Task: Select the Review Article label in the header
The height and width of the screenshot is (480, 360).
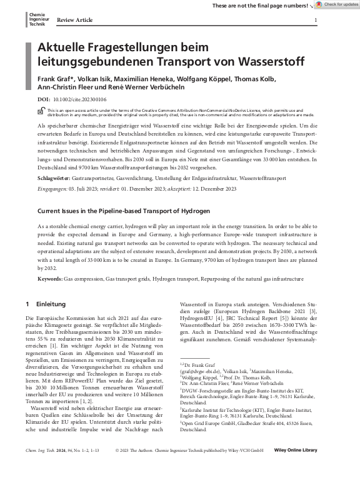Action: [74, 20]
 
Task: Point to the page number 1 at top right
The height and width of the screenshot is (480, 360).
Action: [316, 20]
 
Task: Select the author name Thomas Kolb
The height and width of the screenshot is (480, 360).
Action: [254, 79]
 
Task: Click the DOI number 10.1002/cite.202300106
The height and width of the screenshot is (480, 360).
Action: [81, 99]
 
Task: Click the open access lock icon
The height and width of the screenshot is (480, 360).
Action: [41, 111]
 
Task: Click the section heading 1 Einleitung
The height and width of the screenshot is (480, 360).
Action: [47, 304]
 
